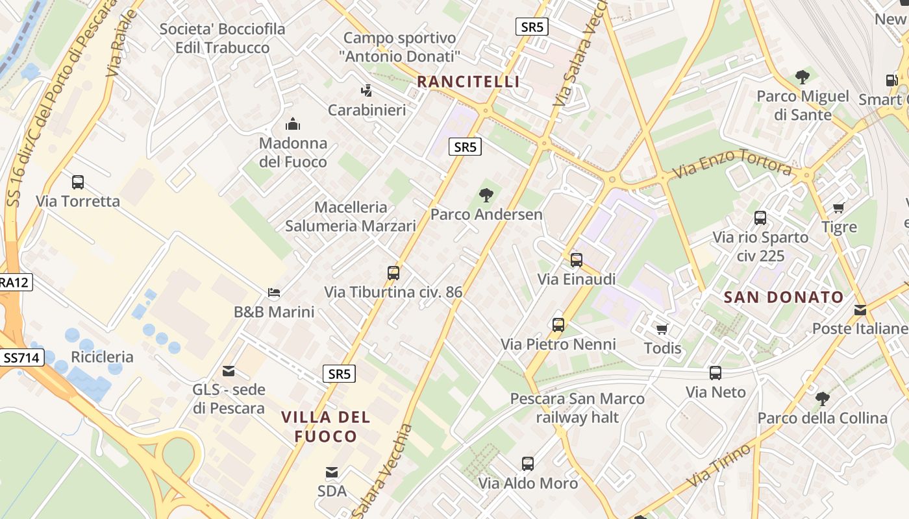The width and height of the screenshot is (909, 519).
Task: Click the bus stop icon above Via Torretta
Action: (x=78, y=182)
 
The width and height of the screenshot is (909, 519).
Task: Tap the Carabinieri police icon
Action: (x=367, y=91)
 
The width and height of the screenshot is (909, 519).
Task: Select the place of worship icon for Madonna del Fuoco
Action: (x=293, y=123)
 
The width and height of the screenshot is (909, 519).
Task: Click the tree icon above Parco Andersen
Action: (x=486, y=195)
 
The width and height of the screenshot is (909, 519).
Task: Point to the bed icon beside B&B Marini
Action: (x=274, y=293)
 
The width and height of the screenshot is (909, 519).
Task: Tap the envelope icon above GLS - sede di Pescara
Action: (x=229, y=371)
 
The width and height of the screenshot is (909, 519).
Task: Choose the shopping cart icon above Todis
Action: (x=662, y=329)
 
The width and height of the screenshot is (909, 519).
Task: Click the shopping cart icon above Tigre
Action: (x=839, y=208)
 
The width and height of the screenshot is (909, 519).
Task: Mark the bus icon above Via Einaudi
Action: (x=577, y=260)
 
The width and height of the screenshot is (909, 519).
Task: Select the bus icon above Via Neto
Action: (x=716, y=373)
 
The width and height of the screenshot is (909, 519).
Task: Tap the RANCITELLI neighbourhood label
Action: (x=468, y=82)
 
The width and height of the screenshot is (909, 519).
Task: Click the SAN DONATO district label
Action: (x=784, y=298)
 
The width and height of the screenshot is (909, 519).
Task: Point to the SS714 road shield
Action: (x=21, y=357)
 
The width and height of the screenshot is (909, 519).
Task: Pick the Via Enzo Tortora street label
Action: (x=732, y=163)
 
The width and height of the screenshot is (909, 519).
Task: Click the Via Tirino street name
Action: (x=719, y=465)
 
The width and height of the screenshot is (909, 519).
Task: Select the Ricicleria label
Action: (x=102, y=357)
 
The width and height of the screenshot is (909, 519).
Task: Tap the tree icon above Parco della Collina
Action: (x=822, y=398)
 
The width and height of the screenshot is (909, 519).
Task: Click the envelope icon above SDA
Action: (x=332, y=472)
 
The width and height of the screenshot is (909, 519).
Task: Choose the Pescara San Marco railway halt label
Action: (x=577, y=408)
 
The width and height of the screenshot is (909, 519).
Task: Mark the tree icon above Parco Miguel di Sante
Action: (x=803, y=77)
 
